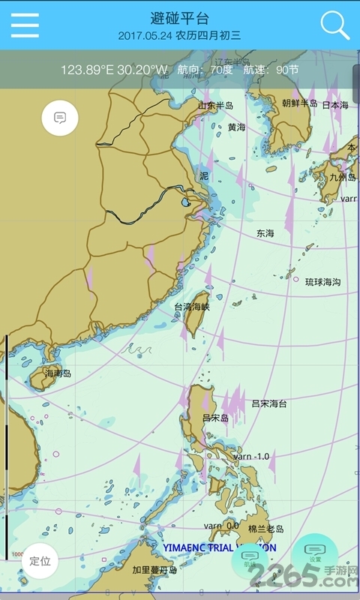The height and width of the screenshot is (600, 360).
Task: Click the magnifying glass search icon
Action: [334, 25]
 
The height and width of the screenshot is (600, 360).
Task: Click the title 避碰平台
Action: [180, 18]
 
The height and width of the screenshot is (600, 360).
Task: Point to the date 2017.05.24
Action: [145, 35]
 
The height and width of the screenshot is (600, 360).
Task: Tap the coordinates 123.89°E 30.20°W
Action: [114, 70]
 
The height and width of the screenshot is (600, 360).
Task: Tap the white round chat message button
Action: [60, 118]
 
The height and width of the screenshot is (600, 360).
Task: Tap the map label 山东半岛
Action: [215, 106]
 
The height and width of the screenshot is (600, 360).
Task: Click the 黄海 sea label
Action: [236, 127]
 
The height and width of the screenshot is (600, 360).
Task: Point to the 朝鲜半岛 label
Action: [300, 103]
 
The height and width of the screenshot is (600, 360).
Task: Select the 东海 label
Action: [265, 234]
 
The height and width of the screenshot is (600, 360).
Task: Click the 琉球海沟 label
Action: [322, 282]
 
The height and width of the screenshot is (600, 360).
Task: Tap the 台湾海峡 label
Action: [192, 307]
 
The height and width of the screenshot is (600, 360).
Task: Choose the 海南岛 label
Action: [58, 373]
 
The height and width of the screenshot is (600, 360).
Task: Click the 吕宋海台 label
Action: [268, 403]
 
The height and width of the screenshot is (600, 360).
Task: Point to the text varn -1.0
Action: [251, 456]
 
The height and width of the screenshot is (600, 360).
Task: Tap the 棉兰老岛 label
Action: [265, 529]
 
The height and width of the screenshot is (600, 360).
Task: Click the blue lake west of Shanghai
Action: [185, 202]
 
